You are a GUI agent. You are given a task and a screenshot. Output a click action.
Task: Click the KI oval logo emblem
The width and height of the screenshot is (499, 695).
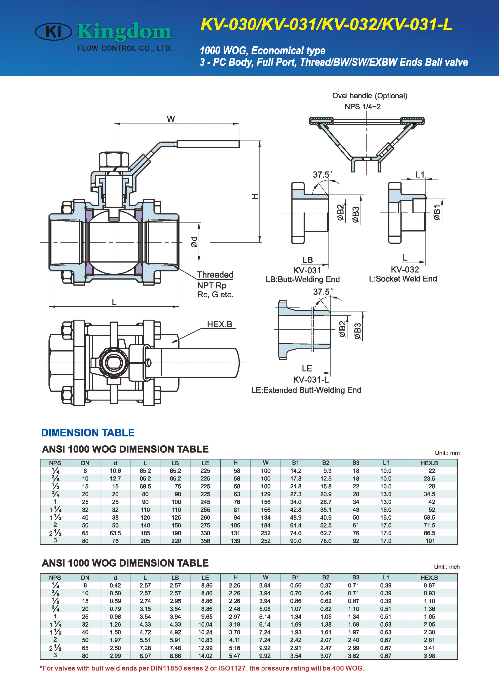pyautogui.click(x=54, y=32)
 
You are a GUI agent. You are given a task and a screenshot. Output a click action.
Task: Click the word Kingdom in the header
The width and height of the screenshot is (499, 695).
pyautogui.click(x=124, y=32)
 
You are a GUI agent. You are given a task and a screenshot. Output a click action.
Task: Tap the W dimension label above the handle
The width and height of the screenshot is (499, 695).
pyautogui.click(x=171, y=119)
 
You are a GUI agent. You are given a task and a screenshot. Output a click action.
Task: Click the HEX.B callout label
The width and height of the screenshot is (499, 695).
pyautogui.click(x=220, y=324)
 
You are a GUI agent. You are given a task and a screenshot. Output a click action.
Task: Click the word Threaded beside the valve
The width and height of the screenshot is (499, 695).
pyautogui.click(x=215, y=275)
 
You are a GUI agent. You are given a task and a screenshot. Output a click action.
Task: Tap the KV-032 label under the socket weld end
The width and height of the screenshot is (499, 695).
pyautogui.click(x=405, y=269)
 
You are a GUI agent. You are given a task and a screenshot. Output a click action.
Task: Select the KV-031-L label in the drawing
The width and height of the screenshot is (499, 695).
pyautogui.click(x=311, y=380)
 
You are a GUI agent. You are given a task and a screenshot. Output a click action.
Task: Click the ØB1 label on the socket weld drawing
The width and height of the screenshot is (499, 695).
pyautogui.click(x=437, y=213)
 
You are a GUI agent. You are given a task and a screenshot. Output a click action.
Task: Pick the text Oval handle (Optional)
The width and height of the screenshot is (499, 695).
pyautogui.click(x=370, y=96)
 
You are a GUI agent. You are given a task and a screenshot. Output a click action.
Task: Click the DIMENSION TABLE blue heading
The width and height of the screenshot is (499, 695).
pyautogui.click(x=88, y=433)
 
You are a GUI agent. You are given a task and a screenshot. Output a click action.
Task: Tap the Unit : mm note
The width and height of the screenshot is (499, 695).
pyautogui.click(x=447, y=453)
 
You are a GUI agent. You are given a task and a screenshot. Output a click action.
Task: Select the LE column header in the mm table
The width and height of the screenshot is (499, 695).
pyautogui.click(x=205, y=463)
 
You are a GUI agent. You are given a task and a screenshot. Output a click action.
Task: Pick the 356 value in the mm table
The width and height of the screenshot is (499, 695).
pyautogui.click(x=205, y=541)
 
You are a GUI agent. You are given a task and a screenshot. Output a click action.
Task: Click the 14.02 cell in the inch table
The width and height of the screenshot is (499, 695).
pyautogui.click(x=205, y=656)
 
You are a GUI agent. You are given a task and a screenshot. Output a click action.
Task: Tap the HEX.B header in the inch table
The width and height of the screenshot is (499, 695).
pyautogui.click(x=429, y=578)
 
